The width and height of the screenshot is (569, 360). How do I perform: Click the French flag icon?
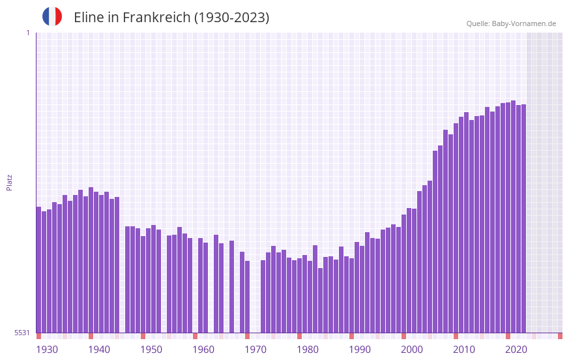pos(52,17)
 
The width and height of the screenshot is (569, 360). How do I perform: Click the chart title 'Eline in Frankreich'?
pos(171,18)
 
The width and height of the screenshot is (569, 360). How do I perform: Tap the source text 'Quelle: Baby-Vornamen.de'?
pos(511,23)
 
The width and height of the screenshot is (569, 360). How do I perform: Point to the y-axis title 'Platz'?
pos(9,182)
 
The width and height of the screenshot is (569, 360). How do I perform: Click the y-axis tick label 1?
pos(27,33)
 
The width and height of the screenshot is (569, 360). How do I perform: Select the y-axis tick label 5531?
pos(22,333)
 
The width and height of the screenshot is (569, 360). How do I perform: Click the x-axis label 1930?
pos(47,350)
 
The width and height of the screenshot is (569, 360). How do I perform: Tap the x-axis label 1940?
pos(99,350)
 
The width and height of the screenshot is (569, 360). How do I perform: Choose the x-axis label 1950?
pos(151,350)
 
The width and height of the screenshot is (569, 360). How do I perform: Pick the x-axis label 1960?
pos(203,350)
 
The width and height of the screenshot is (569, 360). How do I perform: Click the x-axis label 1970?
pos(255,350)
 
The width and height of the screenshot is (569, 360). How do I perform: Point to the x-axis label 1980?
pos(308,350)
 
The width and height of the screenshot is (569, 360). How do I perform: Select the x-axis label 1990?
pos(360,350)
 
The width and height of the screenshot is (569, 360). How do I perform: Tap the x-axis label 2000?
pos(412,350)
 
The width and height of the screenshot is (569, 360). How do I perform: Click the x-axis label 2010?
pos(464,350)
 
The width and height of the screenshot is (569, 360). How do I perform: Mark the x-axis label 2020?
pos(516,350)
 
